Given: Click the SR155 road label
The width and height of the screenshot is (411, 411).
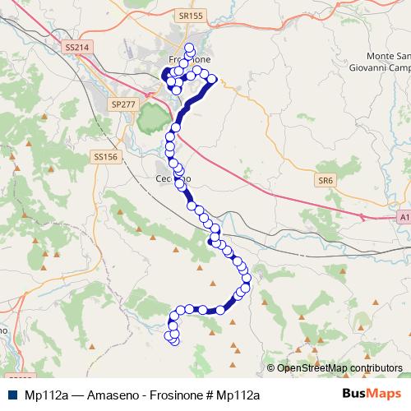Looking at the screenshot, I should [x=189, y=16].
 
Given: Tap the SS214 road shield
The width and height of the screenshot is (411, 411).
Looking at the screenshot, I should [x=76, y=48].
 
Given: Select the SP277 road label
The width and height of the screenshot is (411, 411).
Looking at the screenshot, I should [x=122, y=104].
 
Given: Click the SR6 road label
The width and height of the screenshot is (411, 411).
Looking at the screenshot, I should [x=326, y=180].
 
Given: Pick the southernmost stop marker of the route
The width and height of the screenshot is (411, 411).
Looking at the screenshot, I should [x=174, y=340].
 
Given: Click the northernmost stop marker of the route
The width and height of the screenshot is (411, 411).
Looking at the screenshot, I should [x=190, y=47].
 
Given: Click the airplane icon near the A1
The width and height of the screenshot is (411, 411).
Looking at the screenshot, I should [x=362, y=217].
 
